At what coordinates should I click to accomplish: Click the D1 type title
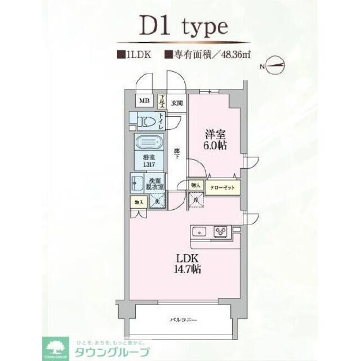(x=180, y=26)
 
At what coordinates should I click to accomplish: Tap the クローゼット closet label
(x=223, y=187)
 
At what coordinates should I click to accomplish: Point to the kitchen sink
(x=199, y=231)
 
